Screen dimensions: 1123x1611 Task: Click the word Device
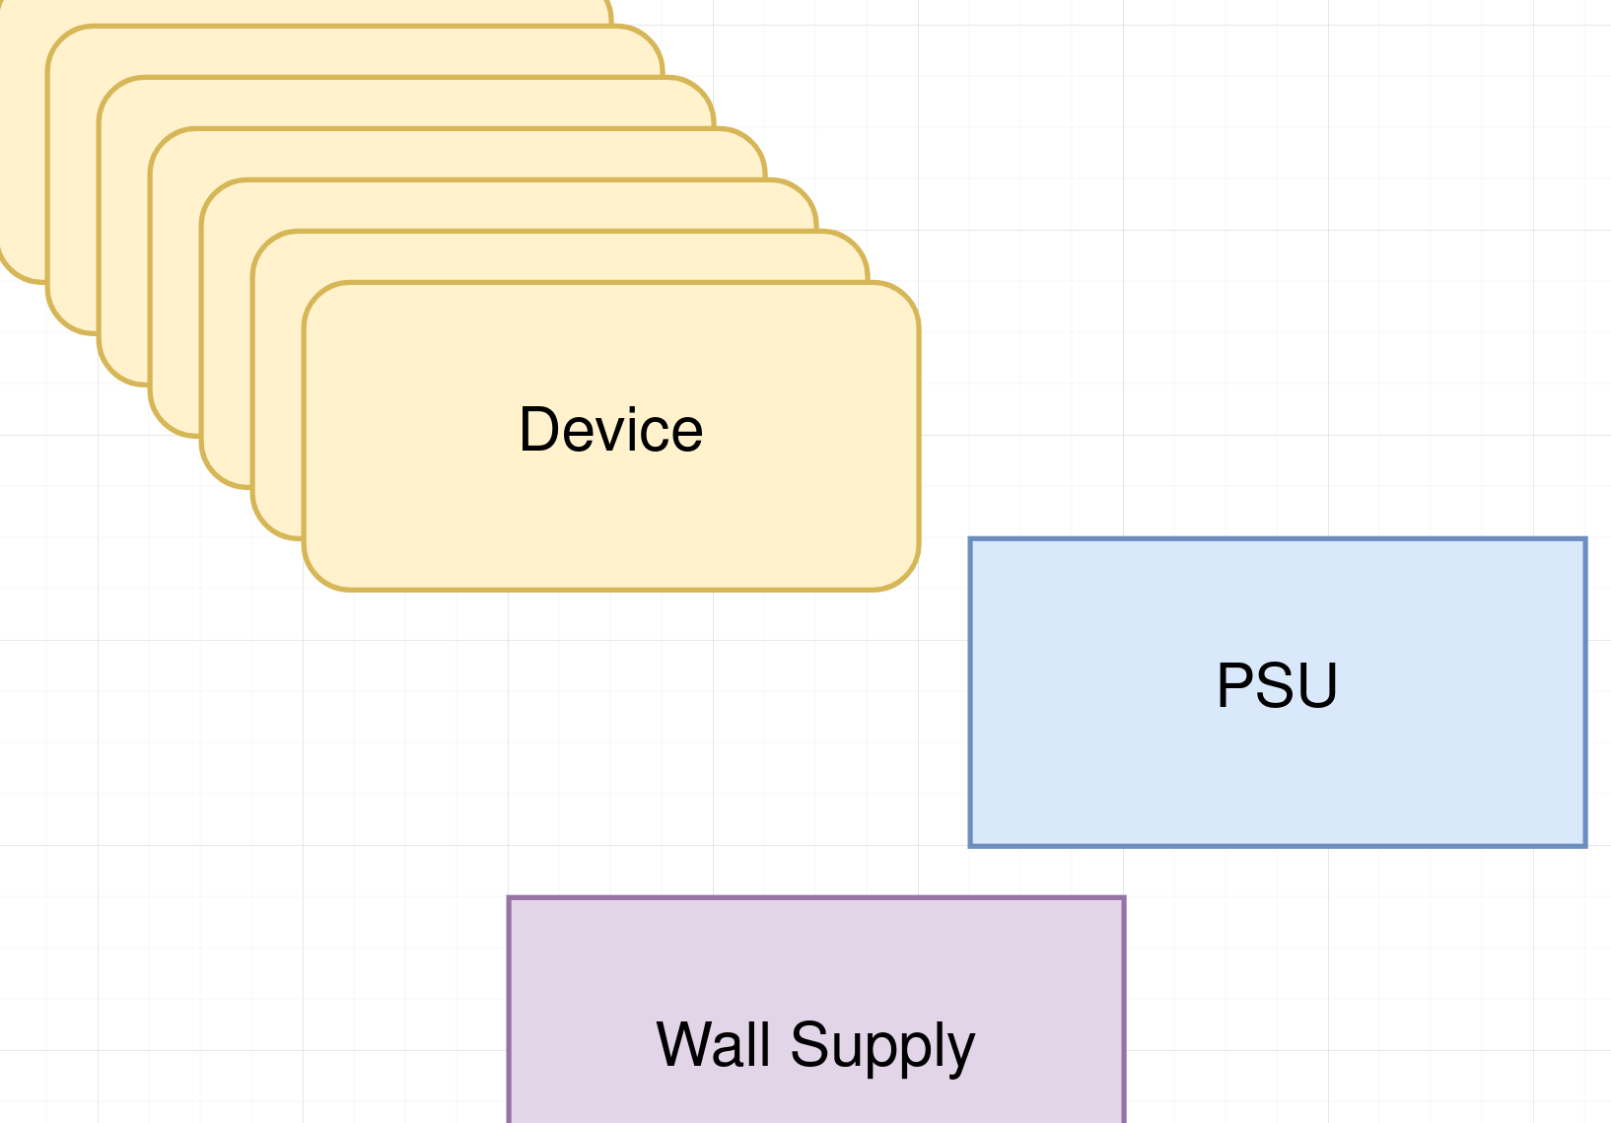(x=611, y=430)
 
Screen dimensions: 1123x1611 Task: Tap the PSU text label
(x=1277, y=685)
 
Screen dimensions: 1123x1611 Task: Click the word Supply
(x=882, y=1047)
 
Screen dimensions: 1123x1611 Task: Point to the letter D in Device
(x=540, y=430)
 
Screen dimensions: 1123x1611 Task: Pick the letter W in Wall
(x=686, y=1044)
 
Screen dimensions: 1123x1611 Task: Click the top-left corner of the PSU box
(x=971, y=539)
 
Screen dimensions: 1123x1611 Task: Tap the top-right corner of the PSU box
(x=1585, y=539)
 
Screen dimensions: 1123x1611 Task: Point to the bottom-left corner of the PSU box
(x=971, y=845)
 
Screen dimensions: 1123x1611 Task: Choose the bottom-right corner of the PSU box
(x=1585, y=845)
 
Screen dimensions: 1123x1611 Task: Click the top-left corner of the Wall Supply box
(x=510, y=898)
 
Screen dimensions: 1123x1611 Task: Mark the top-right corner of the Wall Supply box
(x=1124, y=898)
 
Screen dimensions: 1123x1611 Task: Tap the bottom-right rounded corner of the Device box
(x=905, y=576)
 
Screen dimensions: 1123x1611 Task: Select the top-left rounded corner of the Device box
(x=318, y=297)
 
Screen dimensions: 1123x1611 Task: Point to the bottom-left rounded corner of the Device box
(x=318, y=576)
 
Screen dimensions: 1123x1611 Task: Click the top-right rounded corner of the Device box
(x=905, y=297)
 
